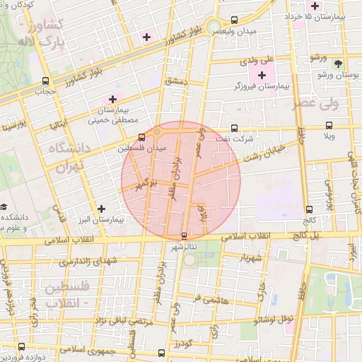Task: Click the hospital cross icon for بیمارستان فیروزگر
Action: coord(262,74)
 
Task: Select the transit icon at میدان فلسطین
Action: coord(142,136)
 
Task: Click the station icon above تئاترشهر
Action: coord(185,235)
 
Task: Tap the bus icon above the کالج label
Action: coord(310,209)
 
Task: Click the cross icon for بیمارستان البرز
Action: coord(103,209)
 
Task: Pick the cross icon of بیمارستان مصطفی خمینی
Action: coord(112,98)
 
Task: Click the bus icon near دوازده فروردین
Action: coord(21,346)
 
